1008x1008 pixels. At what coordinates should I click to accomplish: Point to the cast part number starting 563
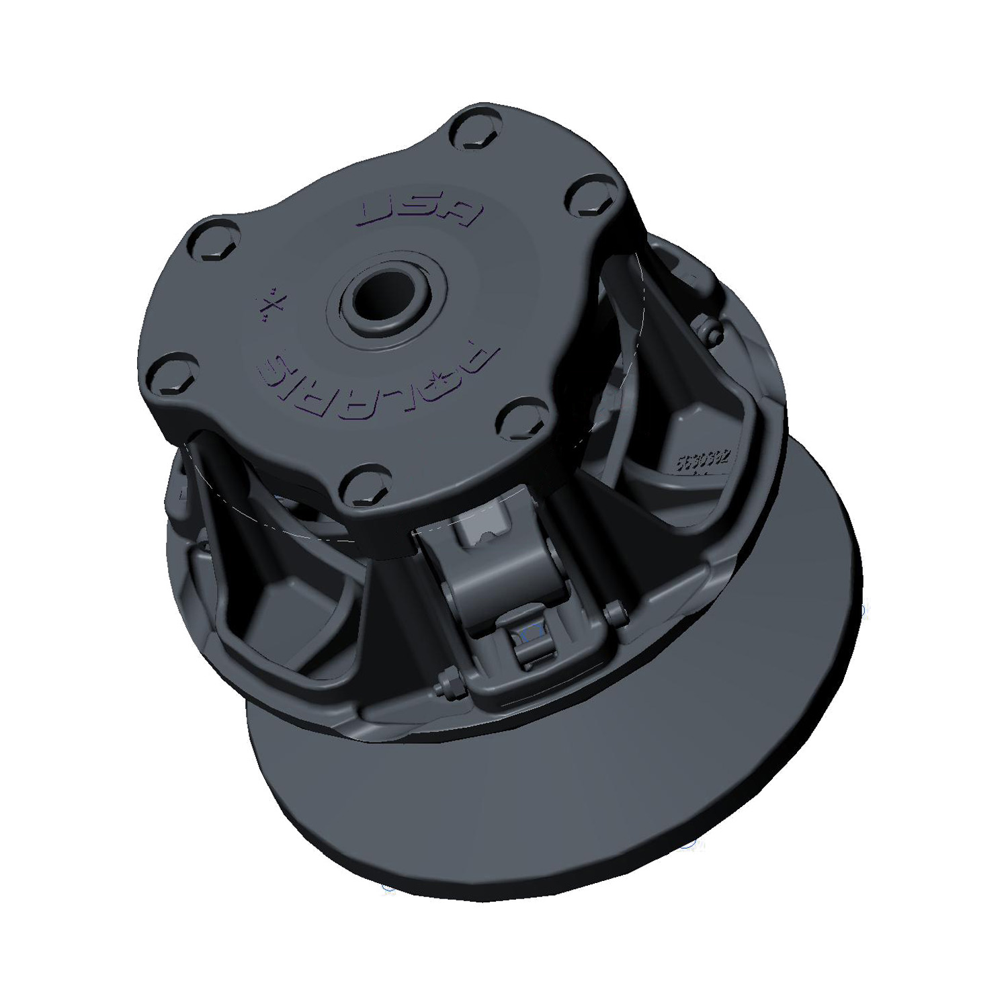tap(702, 463)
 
